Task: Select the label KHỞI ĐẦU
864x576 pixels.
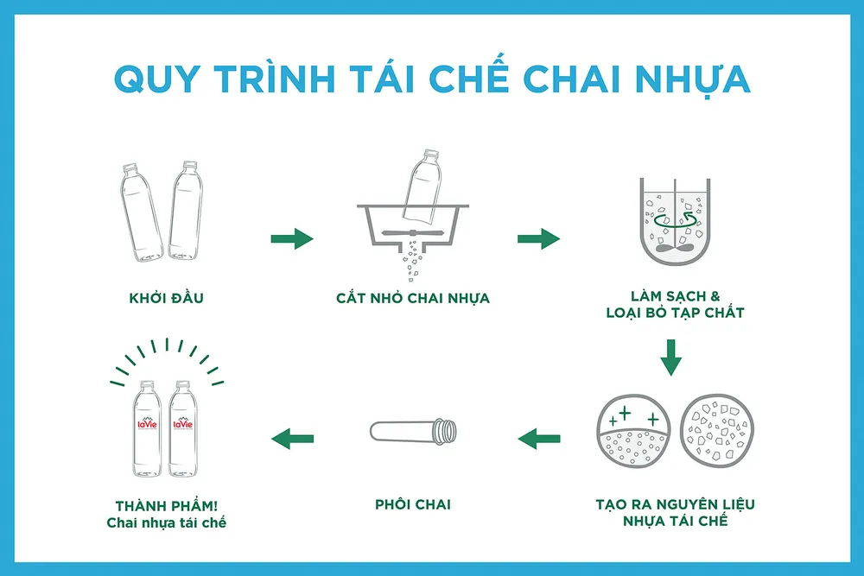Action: point(165,298)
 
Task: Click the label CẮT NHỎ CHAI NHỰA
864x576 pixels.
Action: point(413,298)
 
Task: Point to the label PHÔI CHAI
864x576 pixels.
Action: point(413,504)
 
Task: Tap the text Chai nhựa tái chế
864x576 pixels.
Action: point(166,522)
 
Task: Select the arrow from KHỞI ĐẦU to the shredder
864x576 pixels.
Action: point(291,238)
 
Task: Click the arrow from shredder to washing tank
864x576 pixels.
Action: point(538,238)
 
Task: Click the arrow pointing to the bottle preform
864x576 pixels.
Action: point(539,440)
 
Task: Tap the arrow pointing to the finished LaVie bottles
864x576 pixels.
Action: point(292,440)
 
